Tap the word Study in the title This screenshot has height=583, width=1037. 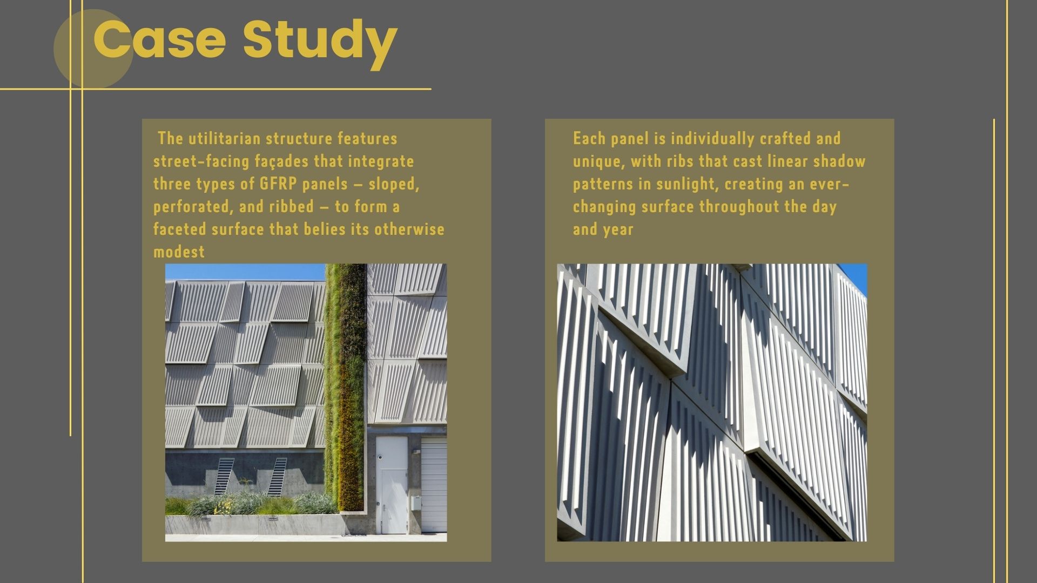point(320,43)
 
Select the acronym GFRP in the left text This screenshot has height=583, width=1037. point(278,184)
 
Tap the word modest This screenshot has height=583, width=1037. point(179,252)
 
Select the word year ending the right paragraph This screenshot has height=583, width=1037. point(618,230)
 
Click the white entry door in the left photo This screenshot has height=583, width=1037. point(392,485)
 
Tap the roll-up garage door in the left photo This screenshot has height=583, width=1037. point(434,486)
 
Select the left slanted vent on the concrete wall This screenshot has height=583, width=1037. point(224,476)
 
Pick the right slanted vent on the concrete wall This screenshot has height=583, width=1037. point(278,477)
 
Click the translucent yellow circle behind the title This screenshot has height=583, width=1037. point(93,49)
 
